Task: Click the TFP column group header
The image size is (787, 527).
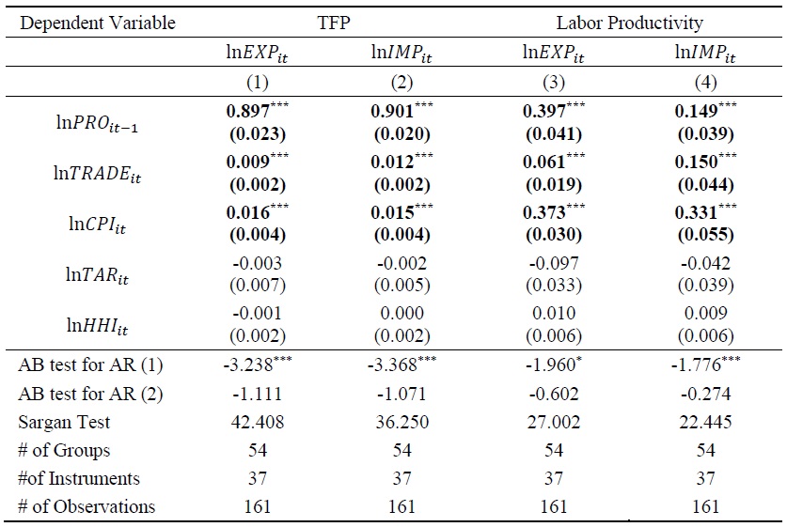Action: click(x=330, y=23)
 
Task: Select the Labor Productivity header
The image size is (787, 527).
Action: click(x=629, y=23)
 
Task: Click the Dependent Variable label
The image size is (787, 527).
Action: click(x=97, y=23)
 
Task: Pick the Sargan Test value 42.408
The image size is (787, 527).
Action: click(x=256, y=424)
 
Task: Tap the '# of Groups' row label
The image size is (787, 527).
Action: click(x=63, y=451)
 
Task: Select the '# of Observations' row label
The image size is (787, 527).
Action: click(x=86, y=507)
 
